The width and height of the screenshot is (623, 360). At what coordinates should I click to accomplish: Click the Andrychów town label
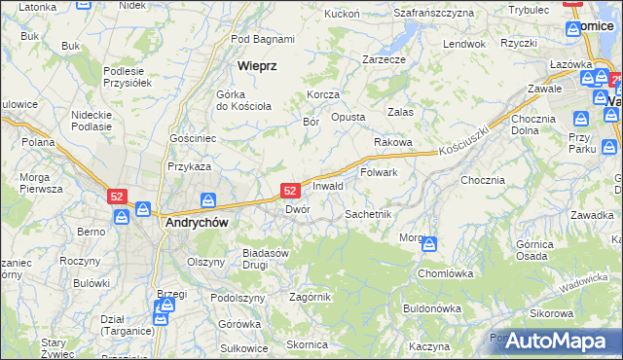195,222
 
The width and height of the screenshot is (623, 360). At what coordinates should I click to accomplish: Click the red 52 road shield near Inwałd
289,191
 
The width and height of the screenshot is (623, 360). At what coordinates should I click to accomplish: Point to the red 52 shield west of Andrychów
117,196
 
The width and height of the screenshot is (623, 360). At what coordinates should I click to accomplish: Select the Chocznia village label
483,180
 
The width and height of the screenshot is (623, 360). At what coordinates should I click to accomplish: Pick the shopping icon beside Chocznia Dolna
581,119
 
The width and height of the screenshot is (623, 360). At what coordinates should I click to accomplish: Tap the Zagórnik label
311,297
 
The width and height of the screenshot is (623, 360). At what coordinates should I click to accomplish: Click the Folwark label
380,172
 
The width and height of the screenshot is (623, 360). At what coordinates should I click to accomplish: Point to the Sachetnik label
368,213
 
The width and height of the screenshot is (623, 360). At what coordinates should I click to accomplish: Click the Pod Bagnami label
263,39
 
